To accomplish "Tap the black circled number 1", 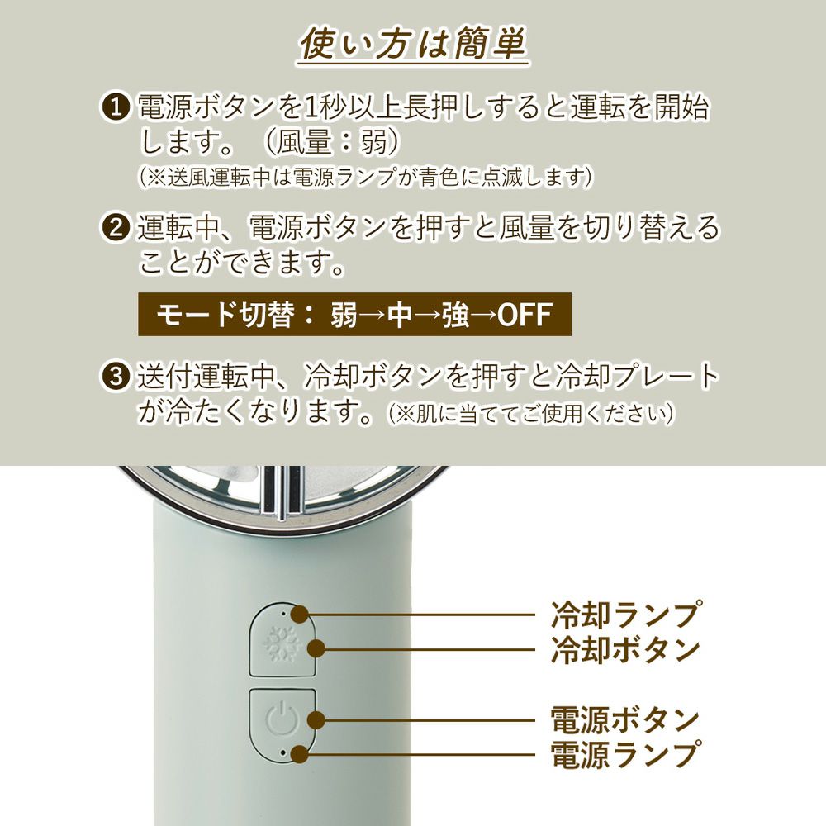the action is pyautogui.click(x=116, y=107).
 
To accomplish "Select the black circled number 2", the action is pyautogui.click(x=116, y=228).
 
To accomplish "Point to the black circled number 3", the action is pyautogui.click(x=116, y=377).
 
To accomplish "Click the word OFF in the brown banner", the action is pyautogui.click(x=525, y=315).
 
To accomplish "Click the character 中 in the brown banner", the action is pyautogui.click(x=400, y=315).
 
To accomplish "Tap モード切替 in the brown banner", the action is pyautogui.click(x=225, y=315).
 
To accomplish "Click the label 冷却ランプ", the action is pyautogui.click(x=626, y=615).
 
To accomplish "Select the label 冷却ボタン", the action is pyautogui.click(x=625, y=649).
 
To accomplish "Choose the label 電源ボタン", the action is pyautogui.click(x=625, y=719).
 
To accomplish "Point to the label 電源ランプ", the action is pyautogui.click(x=626, y=754).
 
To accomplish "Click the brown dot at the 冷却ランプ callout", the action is pyautogui.click(x=300, y=614).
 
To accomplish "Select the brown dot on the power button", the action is pyautogui.click(x=316, y=719).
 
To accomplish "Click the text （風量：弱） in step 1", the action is pyautogui.click(x=333, y=142).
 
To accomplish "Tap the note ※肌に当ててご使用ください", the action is pyautogui.click(x=532, y=414).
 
